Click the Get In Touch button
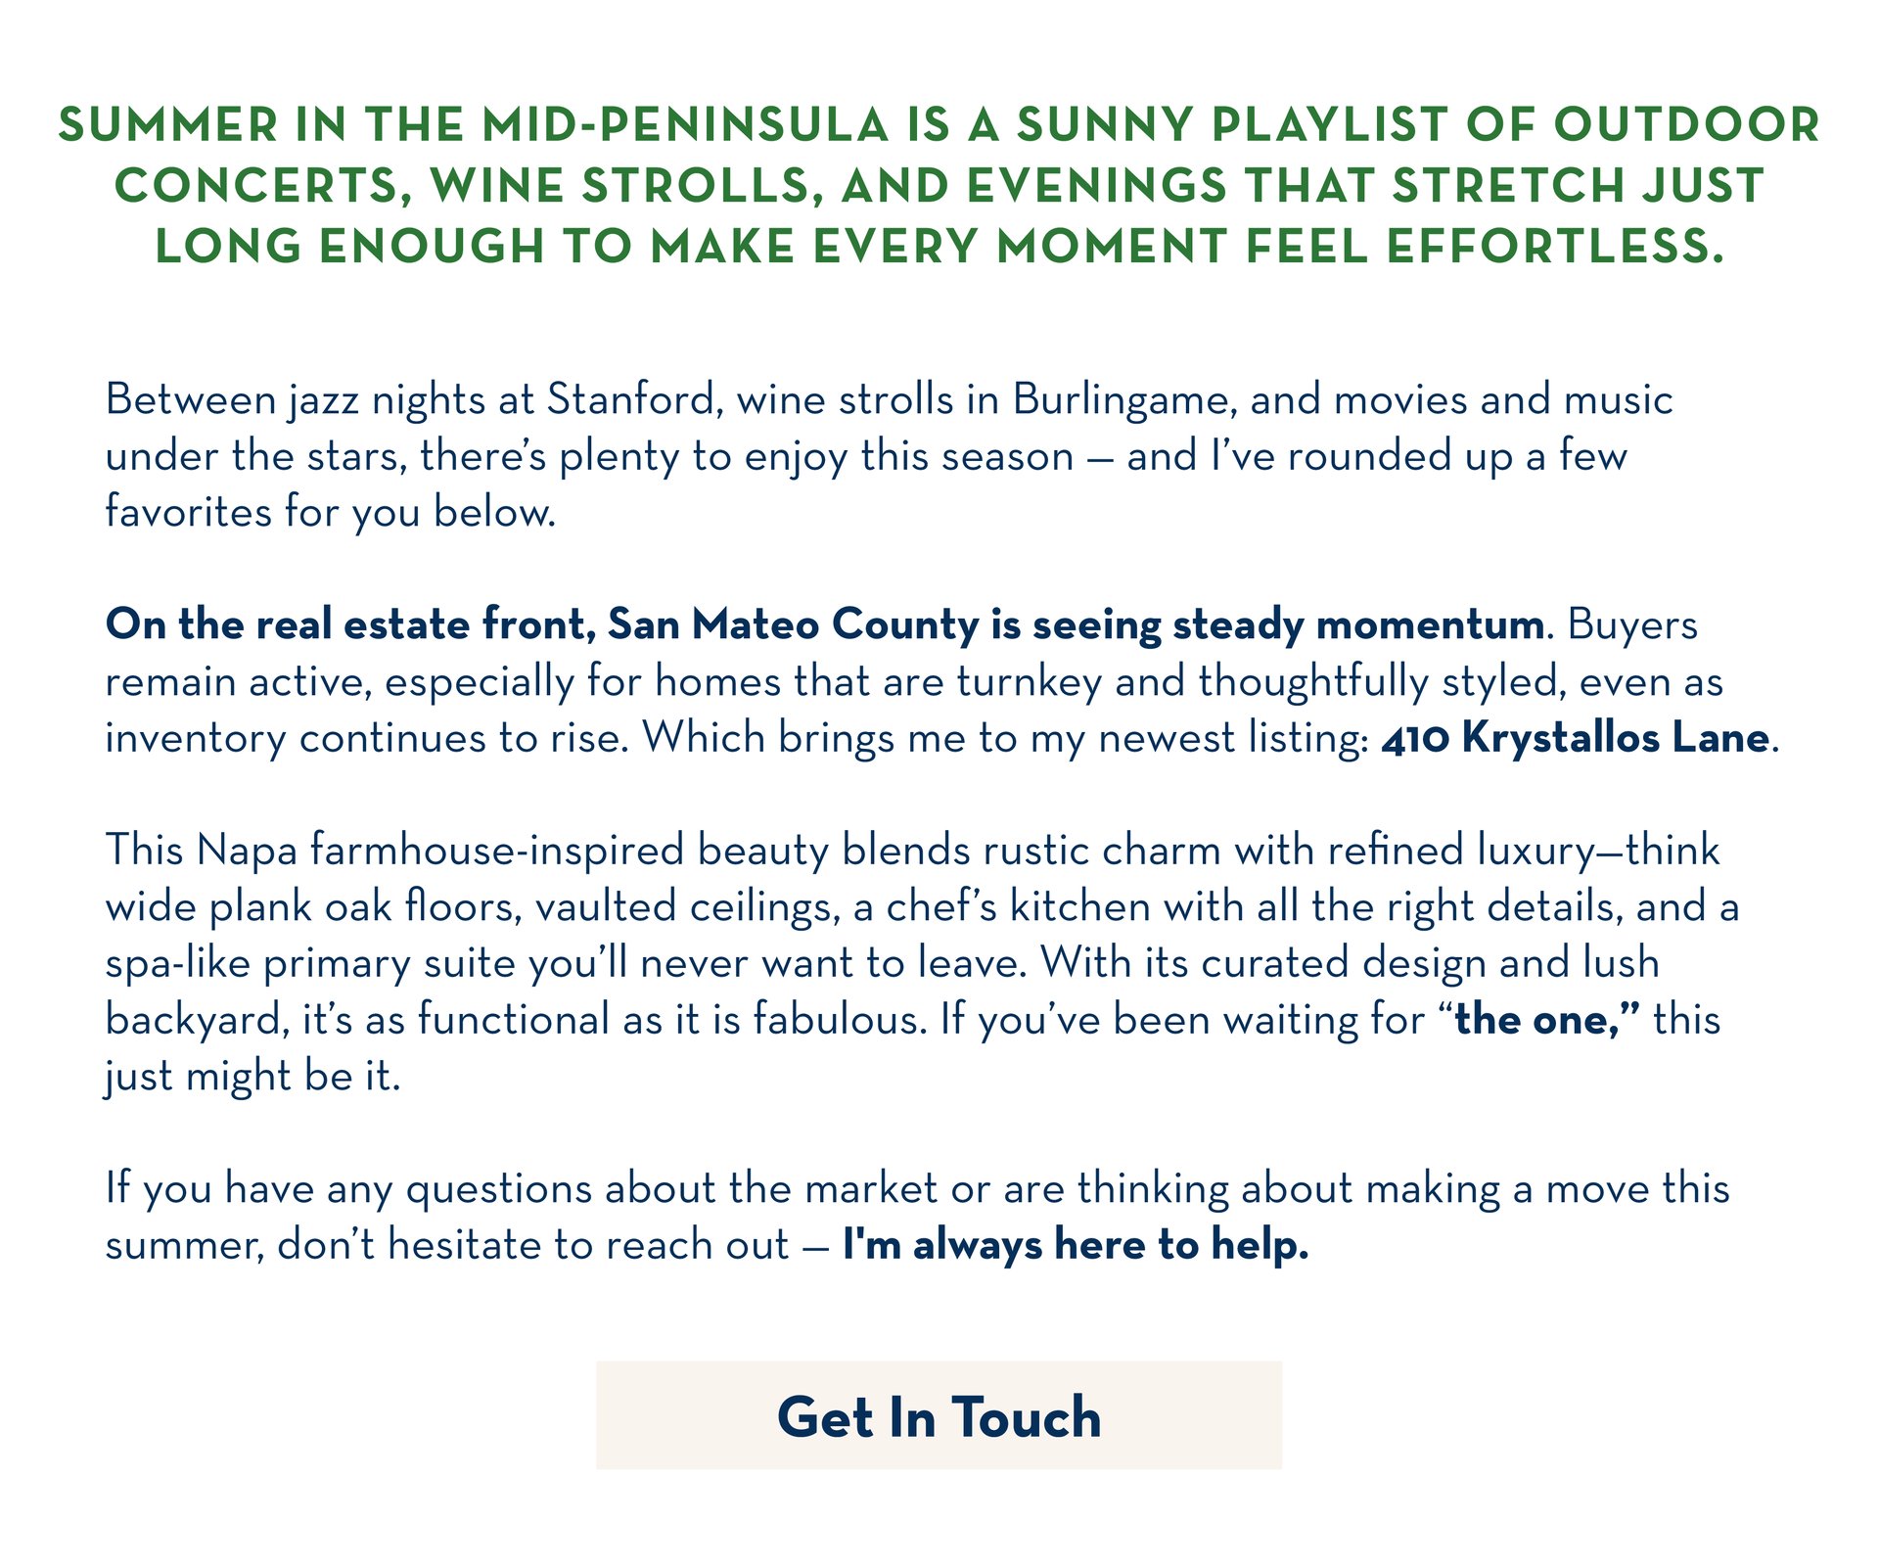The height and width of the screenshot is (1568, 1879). (x=939, y=1415)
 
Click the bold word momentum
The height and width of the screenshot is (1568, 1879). (x=1430, y=625)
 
